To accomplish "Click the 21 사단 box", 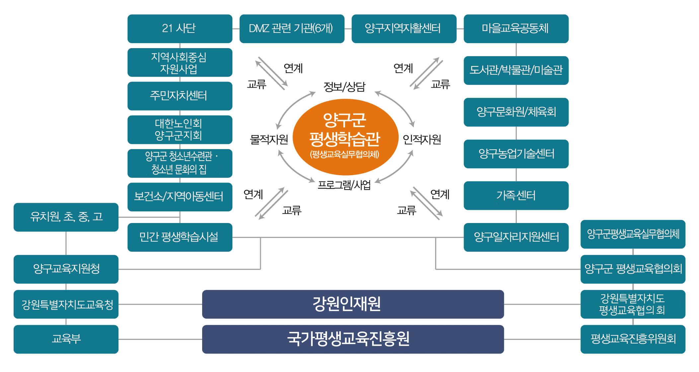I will [x=180, y=29].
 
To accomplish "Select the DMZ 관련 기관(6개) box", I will [x=292, y=29].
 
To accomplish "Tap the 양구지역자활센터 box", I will [x=404, y=29].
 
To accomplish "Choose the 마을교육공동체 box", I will [x=516, y=29].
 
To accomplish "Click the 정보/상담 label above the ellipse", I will [x=345, y=87].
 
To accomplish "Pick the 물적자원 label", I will [x=269, y=139].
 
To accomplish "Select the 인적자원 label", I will [x=422, y=139].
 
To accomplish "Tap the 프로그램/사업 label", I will [x=344, y=185].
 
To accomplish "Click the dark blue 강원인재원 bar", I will [x=353, y=304].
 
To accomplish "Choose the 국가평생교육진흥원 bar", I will [x=353, y=339].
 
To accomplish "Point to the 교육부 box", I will [x=66, y=339].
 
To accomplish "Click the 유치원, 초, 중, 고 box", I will [x=66, y=217].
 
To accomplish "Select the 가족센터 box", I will [x=516, y=195].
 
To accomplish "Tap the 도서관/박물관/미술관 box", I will [x=516, y=70].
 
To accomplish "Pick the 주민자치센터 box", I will [x=180, y=96].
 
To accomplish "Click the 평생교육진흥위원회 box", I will [x=633, y=339].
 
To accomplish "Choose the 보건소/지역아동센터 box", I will [x=180, y=197].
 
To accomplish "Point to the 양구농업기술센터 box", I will [x=516, y=154].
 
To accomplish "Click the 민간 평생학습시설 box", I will [x=180, y=237].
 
